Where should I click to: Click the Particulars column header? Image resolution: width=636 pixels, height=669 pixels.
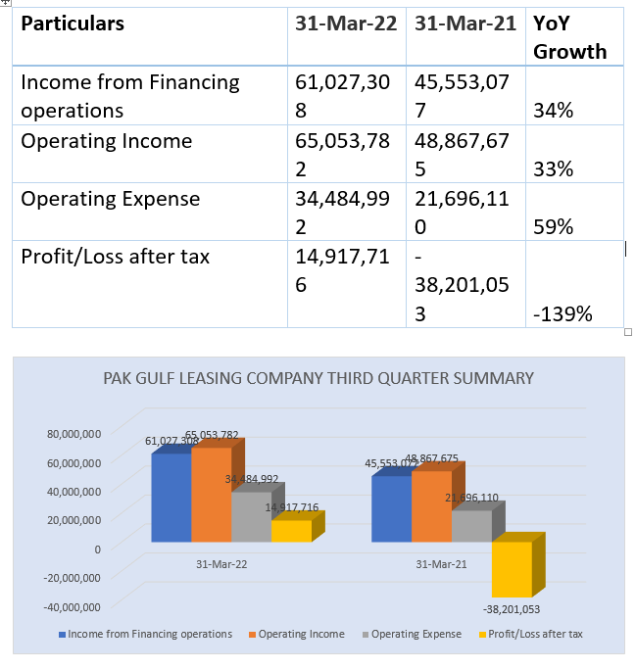point(73,24)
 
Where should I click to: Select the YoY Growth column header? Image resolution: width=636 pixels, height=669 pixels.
point(569,37)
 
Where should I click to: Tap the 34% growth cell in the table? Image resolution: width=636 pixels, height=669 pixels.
point(553,111)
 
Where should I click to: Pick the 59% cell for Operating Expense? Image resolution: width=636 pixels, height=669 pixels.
point(553,227)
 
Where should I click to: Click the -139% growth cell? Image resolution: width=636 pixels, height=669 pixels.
point(563,314)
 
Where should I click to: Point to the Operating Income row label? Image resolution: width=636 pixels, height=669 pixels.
point(107,141)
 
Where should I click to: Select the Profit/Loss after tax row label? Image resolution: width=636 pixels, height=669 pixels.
point(116,257)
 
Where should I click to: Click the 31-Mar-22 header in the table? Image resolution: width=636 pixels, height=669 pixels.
point(346,24)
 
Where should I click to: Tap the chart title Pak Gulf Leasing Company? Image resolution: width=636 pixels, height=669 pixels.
point(318,378)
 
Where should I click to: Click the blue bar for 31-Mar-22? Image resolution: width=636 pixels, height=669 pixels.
point(171,498)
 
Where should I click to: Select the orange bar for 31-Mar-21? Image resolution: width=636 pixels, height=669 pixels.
point(431,506)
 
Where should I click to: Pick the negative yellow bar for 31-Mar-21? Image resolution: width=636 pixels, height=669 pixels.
point(513,569)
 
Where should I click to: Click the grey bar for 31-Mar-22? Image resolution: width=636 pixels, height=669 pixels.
point(252,517)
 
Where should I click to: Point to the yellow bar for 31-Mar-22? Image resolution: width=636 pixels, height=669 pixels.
point(291,531)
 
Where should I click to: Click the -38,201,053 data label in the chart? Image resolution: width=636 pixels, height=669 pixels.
point(512,609)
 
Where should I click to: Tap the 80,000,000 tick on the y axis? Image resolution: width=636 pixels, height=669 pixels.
point(73,434)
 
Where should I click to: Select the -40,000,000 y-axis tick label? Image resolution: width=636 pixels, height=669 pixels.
point(72,607)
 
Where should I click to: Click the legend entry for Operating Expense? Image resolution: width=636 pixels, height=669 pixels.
point(412,634)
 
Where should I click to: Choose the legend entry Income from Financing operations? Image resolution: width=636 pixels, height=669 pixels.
point(146,634)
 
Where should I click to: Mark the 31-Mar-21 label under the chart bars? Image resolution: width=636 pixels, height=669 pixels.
point(441,564)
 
